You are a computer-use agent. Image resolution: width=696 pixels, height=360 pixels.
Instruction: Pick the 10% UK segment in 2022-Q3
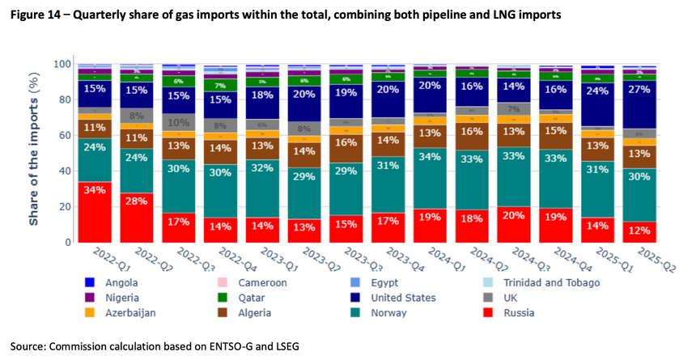[x=179, y=123]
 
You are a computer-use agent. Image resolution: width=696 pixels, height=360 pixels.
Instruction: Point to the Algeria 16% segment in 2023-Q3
[x=346, y=142]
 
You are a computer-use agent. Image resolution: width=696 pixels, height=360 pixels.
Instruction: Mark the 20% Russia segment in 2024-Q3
[x=514, y=224]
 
